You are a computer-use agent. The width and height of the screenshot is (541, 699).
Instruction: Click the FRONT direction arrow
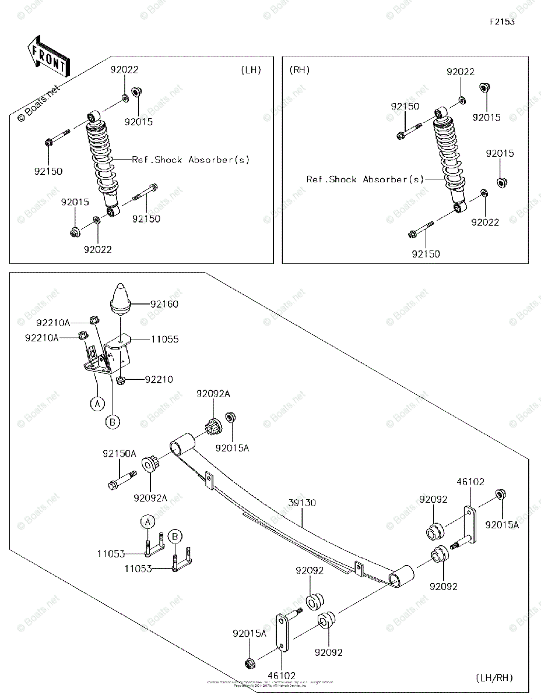pyautogui.click(x=48, y=56)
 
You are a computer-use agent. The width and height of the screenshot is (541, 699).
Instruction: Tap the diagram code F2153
pyautogui.click(x=502, y=22)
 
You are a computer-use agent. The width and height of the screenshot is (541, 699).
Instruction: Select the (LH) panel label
pyautogui.click(x=251, y=70)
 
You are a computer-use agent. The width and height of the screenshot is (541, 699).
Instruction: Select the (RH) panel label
pyautogui.click(x=300, y=70)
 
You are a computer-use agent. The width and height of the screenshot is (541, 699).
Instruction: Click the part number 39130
pyautogui.click(x=302, y=503)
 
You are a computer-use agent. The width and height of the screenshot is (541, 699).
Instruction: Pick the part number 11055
pyautogui.click(x=165, y=339)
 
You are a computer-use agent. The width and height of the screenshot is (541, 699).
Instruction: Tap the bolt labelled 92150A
pyautogui.click(x=121, y=481)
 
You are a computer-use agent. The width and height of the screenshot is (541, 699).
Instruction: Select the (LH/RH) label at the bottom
pyautogui.click(x=494, y=677)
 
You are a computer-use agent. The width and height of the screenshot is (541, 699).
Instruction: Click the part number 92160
pyautogui.click(x=165, y=304)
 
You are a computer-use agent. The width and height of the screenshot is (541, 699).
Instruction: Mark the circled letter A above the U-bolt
pyautogui.click(x=148, y=521)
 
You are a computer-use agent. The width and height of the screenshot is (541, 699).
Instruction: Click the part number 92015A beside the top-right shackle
pyautogui.click(x=503, y=524)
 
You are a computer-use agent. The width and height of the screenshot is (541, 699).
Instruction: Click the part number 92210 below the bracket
pyautogui.click(x=159, y=379)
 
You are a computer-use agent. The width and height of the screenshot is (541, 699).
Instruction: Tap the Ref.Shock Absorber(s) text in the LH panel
pyautogui.click(x=191, y=160)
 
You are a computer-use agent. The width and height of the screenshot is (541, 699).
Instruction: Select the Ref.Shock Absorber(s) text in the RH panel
pyautogui.click(x=366, y=179)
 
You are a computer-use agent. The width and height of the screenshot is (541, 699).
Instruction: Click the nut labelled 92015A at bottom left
pyautogui.click(x=250, y=662)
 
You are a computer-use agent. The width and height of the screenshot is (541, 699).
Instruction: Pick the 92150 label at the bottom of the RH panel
pyautogui.click(x=426, y=254)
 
